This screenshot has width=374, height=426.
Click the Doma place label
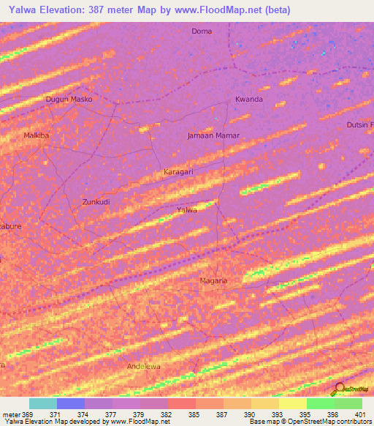(201, 31)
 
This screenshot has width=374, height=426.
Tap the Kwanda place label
(248, 99)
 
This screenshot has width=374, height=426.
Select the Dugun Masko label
(68, 99)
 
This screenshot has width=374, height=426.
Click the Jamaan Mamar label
(213, 135)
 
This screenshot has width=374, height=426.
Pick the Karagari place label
(177, 171)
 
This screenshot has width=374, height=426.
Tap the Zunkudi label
(96, 201)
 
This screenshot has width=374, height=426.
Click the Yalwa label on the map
(188, 210)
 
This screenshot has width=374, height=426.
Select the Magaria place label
(214, 280)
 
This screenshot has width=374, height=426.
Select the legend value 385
(194, 414)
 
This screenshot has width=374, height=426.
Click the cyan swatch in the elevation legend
(43, 403)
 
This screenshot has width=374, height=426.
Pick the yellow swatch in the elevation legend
(292, 403)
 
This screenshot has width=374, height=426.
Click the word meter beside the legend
(11, 414)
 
